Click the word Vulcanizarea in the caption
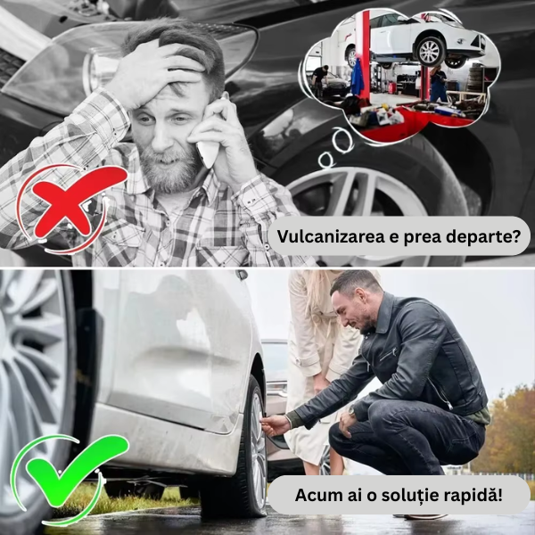[331, 235]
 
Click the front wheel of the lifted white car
[429, 52]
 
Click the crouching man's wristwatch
[351, 412]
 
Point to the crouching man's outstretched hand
[275, 424]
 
